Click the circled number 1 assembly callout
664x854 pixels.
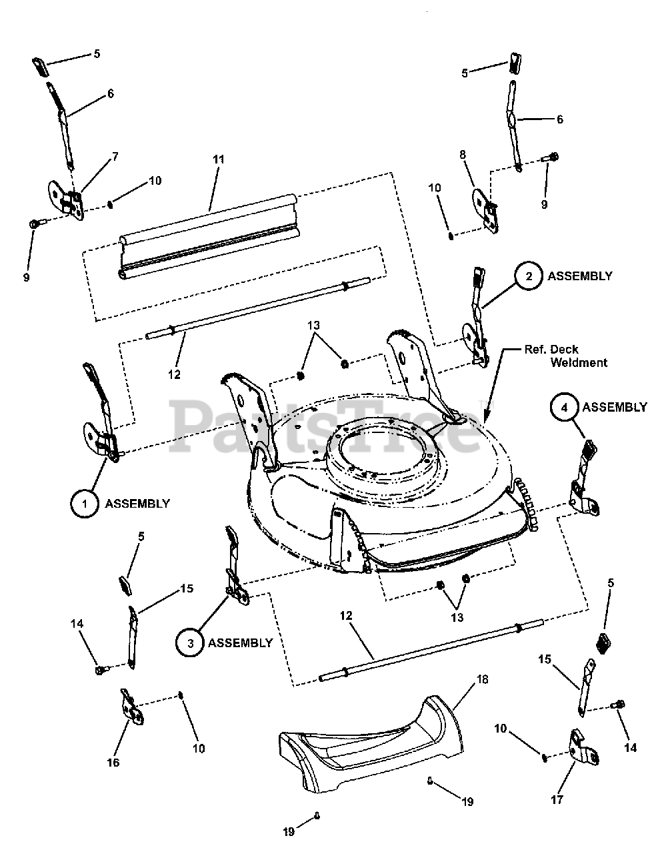85,504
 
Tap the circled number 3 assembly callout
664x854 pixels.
190,643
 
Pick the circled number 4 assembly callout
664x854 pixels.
563,407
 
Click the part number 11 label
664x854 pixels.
218,159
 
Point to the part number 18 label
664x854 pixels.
482,679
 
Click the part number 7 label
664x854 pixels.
115,156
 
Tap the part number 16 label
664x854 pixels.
113,762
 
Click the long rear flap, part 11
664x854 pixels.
210,234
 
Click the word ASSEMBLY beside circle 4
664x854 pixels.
614,407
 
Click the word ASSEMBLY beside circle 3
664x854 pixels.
240,643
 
